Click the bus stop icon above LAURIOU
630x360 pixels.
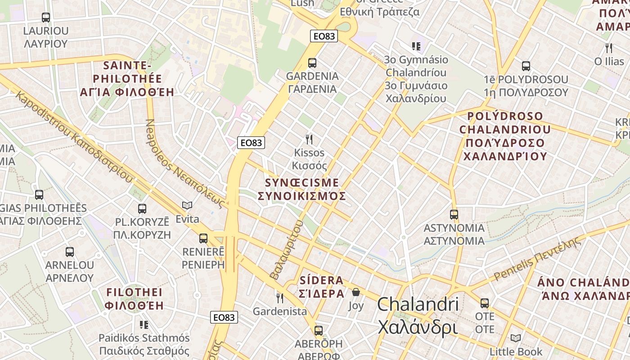coord(45,18)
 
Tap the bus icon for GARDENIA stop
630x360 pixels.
coord(312,63)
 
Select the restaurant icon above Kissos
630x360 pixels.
coord(309,139)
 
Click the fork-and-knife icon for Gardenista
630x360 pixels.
coord(279,297)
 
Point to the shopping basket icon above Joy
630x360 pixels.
coord(356,292)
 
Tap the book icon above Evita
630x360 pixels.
coord(187,206)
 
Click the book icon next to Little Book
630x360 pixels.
coord(516,338)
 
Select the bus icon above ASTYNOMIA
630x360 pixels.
coord(454,215)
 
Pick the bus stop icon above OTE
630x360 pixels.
coord(485,303)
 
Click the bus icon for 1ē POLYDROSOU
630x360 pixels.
coord(526,66)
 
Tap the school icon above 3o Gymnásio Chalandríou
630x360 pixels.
coord(416,46)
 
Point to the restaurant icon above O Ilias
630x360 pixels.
coord(609,48)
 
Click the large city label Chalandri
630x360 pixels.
coord(418,305)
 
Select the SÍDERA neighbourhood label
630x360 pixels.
coord(321,280)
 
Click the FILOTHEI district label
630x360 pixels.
coord(134,292)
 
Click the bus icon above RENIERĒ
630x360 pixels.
coord(203,238)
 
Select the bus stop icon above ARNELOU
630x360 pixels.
coord(69,252)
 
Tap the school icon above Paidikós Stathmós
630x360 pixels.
coord(144,324)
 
